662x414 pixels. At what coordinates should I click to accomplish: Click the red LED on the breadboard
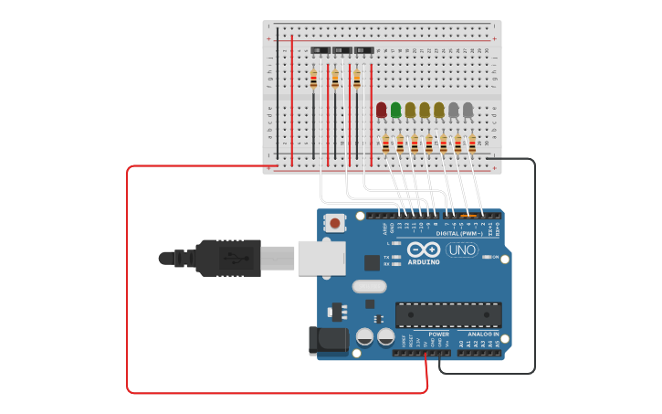click(382, 111)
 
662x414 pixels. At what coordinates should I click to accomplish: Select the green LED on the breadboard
click(395, 111)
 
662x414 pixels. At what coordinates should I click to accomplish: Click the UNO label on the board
click(461, 250)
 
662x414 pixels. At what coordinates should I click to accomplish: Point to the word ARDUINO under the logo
click(424, 262)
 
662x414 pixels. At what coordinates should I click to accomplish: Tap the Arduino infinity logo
click(424, 249)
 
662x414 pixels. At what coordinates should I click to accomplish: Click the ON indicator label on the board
click(496, 257)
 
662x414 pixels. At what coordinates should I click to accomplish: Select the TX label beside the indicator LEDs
click(386, 257)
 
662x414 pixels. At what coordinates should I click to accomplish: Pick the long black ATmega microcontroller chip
click(447, 314)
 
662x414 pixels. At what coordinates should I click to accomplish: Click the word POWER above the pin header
click(438, 334)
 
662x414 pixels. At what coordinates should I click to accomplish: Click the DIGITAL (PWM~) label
click(453, 234)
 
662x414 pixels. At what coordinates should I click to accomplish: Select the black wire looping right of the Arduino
click(534, 274)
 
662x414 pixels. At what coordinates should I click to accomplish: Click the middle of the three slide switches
click(342, 50)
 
